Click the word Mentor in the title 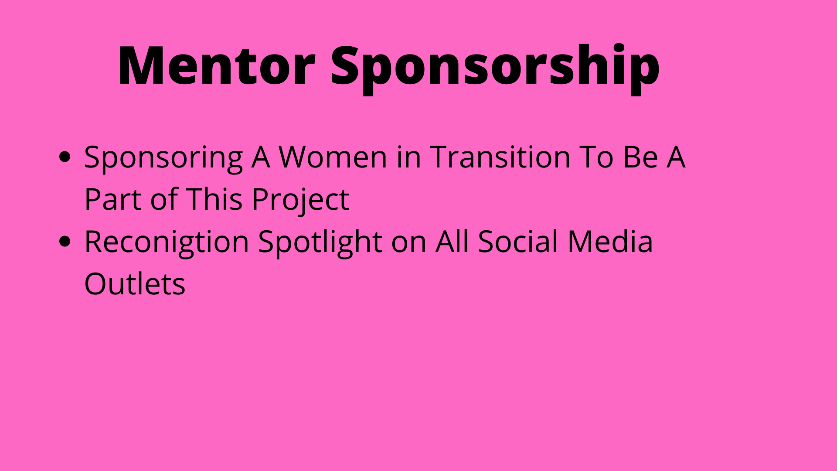217,65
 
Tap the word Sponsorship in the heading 495,69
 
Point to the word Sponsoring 163,158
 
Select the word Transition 500,157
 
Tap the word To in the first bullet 596,157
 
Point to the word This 214,199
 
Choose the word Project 300,201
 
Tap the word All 452,241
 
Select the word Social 518,241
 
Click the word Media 610,241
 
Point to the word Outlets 135,283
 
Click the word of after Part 164,199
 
